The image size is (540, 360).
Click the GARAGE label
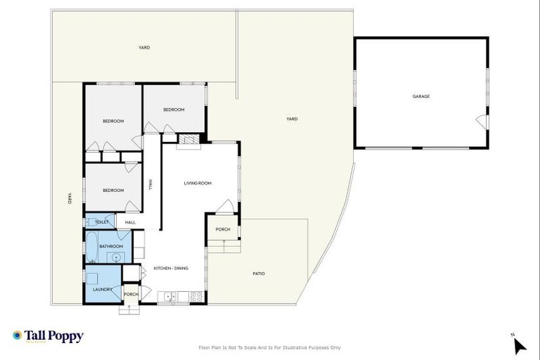pos(420,96)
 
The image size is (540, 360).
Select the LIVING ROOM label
pos(198,184)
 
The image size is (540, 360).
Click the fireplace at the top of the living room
pos(188,140)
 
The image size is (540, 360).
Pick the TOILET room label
pos(101,222)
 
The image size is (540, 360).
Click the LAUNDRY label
pos(103,289)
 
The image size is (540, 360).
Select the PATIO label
pos(259,274)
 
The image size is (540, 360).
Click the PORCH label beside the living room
pos(223,229)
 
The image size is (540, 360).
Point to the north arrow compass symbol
pos(519,345)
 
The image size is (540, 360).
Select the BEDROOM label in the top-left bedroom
pos(113,121)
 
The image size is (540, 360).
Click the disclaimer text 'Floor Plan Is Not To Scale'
pos(270,347)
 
